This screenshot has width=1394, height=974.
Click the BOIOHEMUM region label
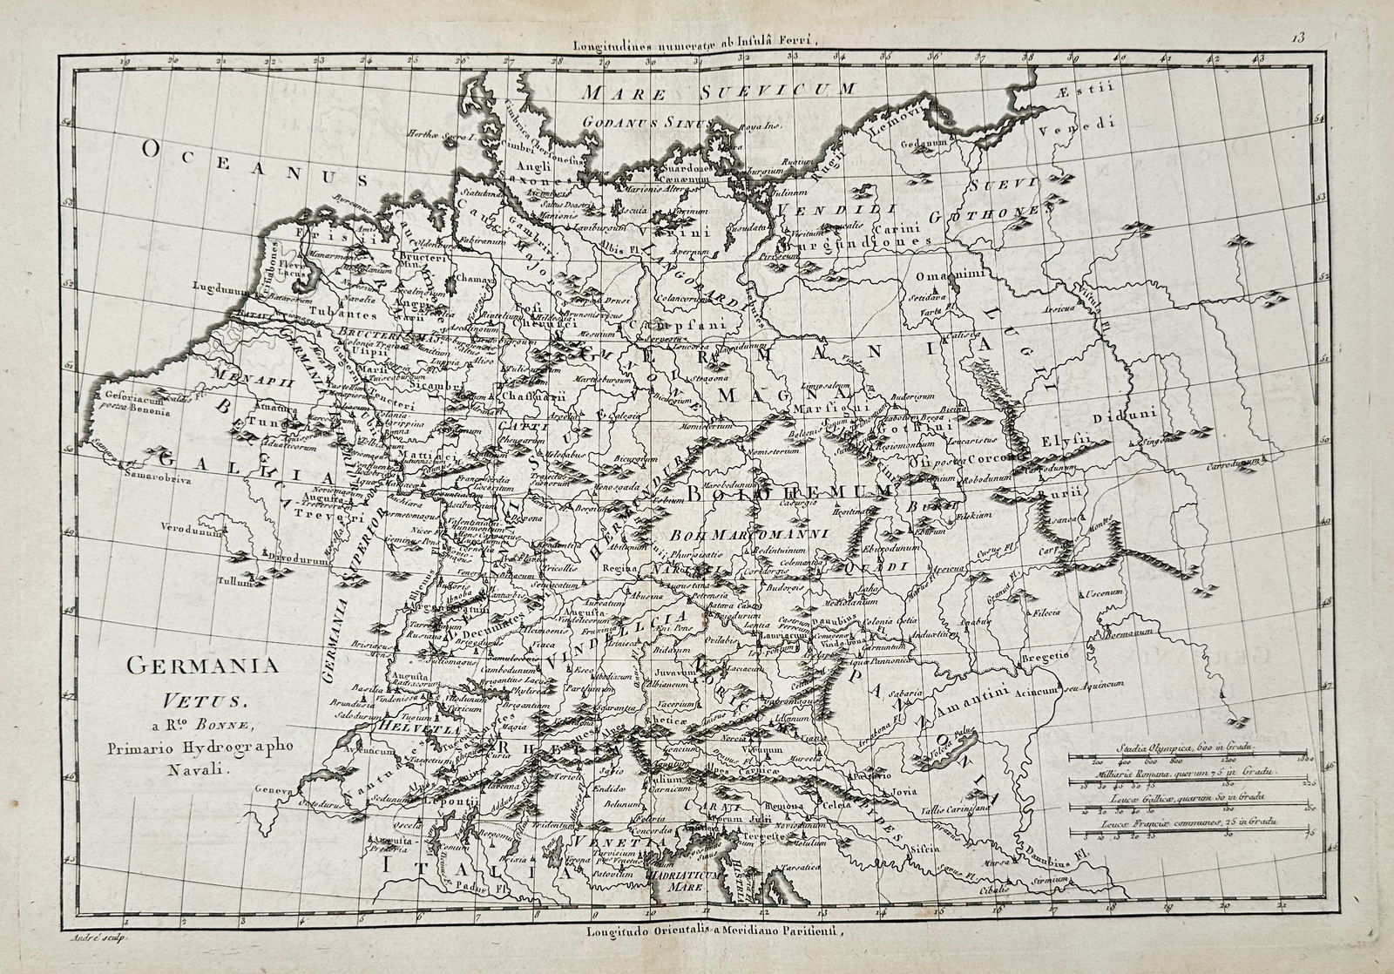tap(788, 493)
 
